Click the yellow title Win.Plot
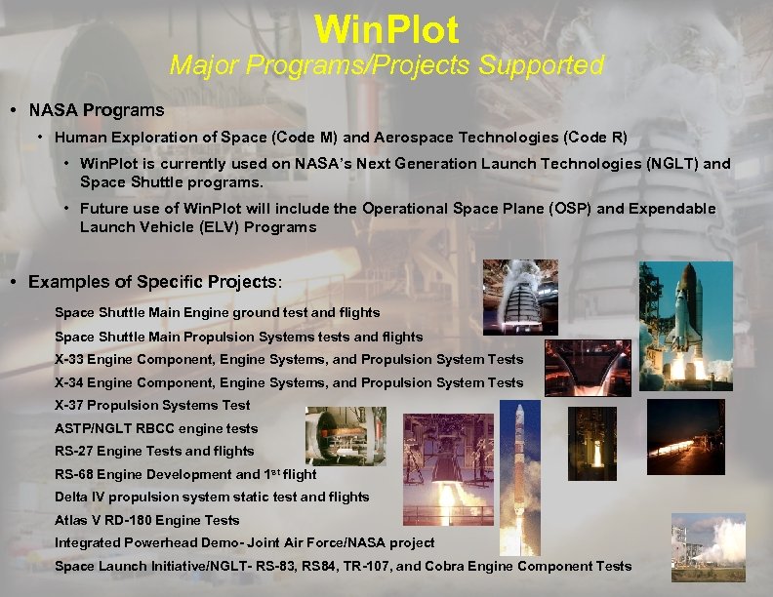click(x=386, y=30)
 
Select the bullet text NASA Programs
click(x=97, y=109)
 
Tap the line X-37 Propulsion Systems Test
click(x=152, y=405)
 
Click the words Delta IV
click(x=81, y=497)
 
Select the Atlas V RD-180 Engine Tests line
click(x=146, y=520)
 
